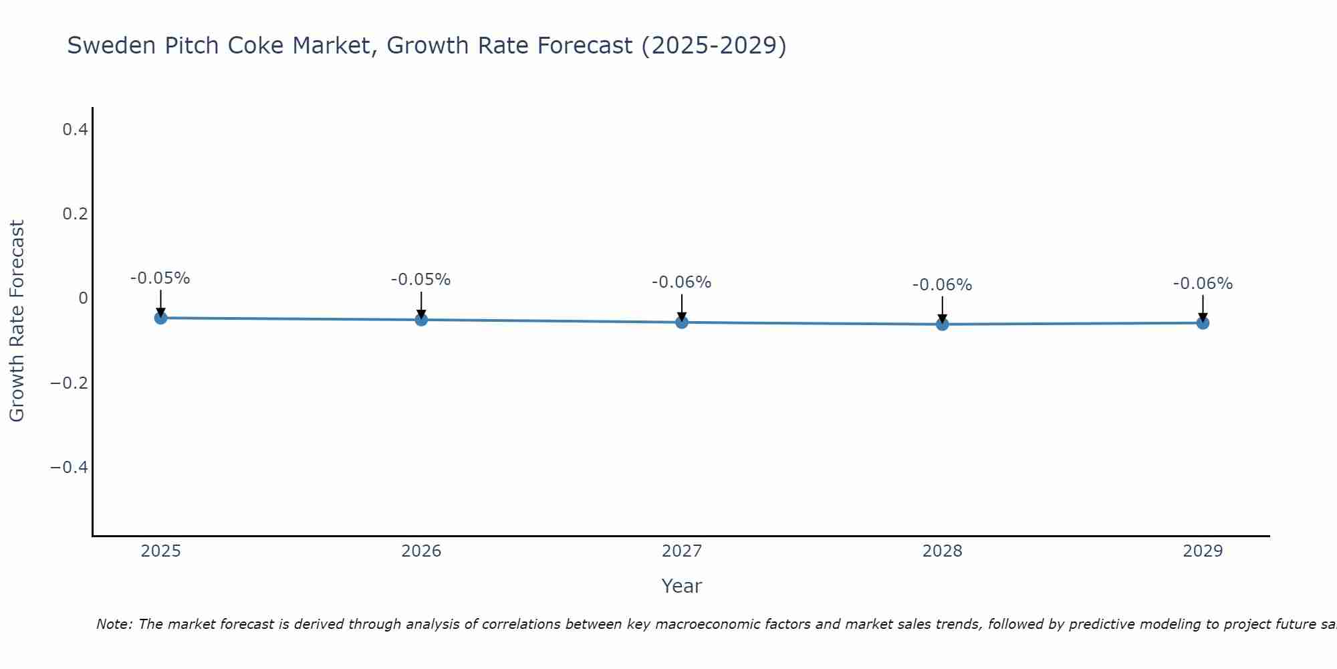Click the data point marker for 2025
tap(160, 318)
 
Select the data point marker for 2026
tap(421, 320)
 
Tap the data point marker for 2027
tap(682, 322)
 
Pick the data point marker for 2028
tap(943, 324)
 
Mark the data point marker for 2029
tap(1203, 323)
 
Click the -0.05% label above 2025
tap(160, 278)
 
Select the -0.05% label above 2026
tap(421, 280)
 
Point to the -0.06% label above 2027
tap(682, 282)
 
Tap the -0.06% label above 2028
tap(943, 285)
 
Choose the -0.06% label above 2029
tap(1203, 284)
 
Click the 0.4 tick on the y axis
tap(76, 130)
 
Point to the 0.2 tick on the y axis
tap(76, 214)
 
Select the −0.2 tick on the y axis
tap(70, 383)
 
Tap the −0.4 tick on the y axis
tap(70, 467)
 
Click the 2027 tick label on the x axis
tap(682, 551)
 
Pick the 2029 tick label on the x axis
tap(1203, 551)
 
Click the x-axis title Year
tap(682, 586)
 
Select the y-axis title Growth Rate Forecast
tap(17, 320)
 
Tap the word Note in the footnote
tap(114, 624)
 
